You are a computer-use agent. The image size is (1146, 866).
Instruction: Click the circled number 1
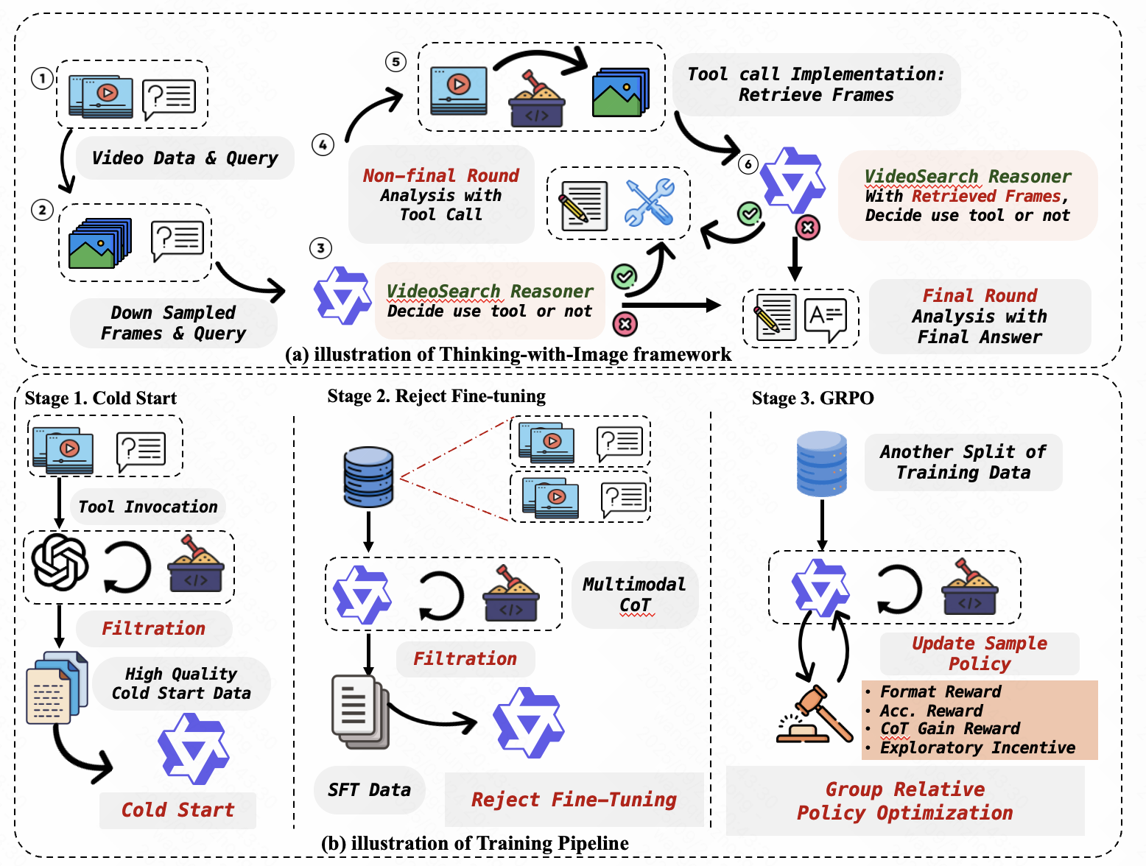pyautogui.click(x=42, y=78)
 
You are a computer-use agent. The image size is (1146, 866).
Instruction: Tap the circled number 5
pyautogui.click(x=396, y=61)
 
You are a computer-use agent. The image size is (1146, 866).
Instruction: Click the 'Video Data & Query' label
pyautogui.click(x=185, y=158)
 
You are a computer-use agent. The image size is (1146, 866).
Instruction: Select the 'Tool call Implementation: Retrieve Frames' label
pyautogui.click(x=815, y=85)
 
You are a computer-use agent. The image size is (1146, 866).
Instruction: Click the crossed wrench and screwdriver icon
pyautogui.click(x=649, y=203)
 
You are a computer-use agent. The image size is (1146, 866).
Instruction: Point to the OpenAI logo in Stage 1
pyautogui.click(x=60, y=563)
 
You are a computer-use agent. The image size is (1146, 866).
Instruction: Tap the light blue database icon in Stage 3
pyautogui.click(x=821, y=463)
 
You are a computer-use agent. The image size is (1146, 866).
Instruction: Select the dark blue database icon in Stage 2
pyautogui.click(x=368, y=476)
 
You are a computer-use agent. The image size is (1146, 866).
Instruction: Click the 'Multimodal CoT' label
pyautogui.click(x=634, y=594)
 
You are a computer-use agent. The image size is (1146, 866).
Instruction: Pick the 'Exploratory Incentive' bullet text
pyautogui.click(x=977, y=748)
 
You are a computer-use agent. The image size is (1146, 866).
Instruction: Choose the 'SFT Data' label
pyautogui.click(x=369, y=790)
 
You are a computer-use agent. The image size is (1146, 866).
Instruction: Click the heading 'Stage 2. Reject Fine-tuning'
pyautogui.click(x=436, y=396)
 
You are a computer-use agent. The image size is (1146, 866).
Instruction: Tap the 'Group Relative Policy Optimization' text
pyautogui.click(x=904, y=801)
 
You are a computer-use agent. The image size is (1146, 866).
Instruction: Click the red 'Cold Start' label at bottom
pyautogui.click(x=177, y=810)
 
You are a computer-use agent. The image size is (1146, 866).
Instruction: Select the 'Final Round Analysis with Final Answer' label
pyautogui.click(x=980, y=317)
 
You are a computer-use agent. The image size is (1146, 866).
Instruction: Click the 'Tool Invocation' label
pyautogui.click(x=148, y=507)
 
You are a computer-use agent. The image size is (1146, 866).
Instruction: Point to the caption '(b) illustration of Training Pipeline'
pyautogui.click(x=475, y=843)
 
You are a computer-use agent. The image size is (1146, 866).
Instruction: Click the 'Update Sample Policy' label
pyautogui.click(x=979, y=653)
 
